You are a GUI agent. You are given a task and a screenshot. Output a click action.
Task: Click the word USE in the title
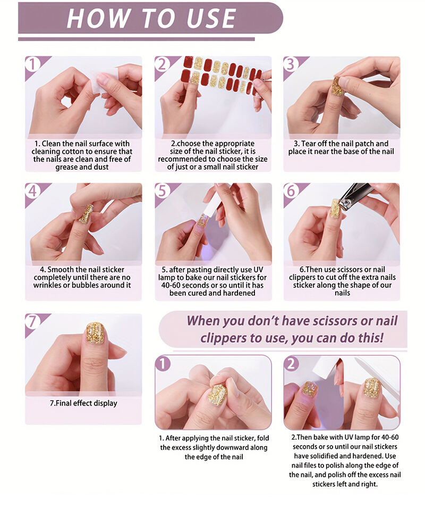tap(211, 18)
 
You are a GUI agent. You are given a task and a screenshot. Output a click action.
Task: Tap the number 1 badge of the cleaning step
tap(32, 64)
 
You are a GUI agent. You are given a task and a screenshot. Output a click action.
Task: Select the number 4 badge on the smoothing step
tap(32, 191)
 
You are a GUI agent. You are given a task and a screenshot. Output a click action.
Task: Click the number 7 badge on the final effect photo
tap(32, 321)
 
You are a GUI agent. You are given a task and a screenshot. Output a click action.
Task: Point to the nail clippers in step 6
tap(353, 196)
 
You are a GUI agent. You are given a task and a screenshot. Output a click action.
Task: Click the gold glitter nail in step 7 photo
tap(95, 333)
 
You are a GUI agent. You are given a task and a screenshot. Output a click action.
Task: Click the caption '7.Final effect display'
tap(83, 403)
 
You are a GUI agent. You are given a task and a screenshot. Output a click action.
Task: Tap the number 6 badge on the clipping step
tap(291, 191)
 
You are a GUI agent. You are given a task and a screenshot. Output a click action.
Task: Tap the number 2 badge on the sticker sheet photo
tap(162, 64)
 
